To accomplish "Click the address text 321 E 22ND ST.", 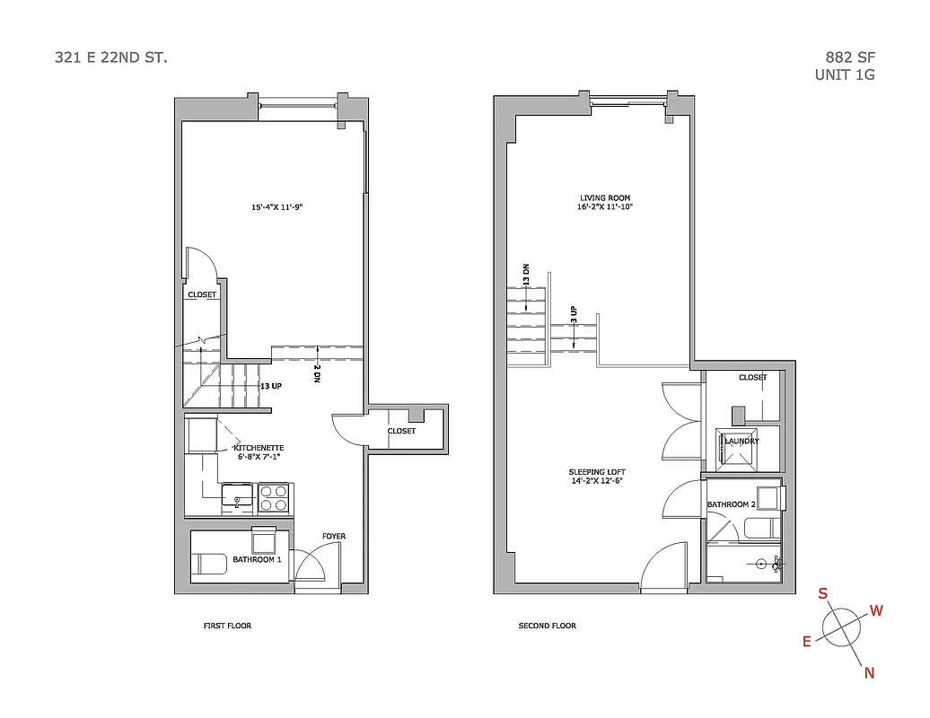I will pos(110,57).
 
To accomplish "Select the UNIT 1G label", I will pos(845,75).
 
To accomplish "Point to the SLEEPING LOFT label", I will pos(597,472).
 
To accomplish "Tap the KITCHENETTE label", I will pos(259,447).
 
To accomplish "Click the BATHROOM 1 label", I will pos(258,560).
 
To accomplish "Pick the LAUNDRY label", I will pos(742,441).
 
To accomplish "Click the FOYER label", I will pos(334,537).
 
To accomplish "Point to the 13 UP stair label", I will pos(270,386).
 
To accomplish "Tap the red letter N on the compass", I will pos(869,673).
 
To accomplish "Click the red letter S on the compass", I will pos(822,593).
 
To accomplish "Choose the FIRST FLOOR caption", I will pos(227,626).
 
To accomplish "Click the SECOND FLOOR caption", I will pos(548,626).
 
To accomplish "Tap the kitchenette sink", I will pos(239,496).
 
